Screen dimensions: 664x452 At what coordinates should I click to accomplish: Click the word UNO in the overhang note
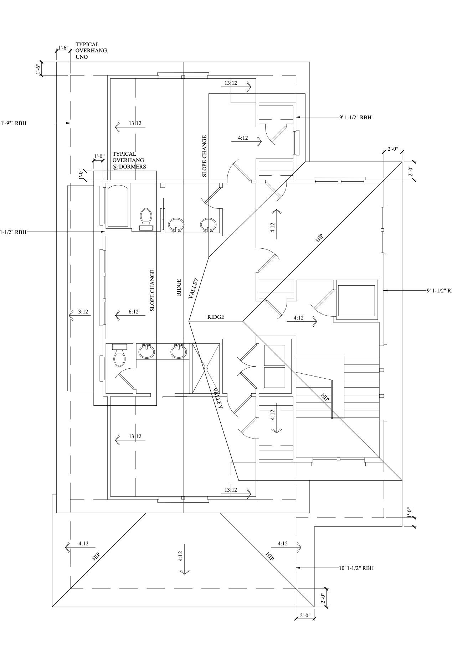(81, 57)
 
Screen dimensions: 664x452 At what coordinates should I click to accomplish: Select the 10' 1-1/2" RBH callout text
(356, 568)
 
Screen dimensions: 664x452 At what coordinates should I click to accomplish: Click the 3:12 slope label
(83, 312)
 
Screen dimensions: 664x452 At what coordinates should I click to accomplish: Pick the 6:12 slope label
(133, 312)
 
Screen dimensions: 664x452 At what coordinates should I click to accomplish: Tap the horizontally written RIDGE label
(216, 317)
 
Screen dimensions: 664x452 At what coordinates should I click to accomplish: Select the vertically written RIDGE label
(179, 287)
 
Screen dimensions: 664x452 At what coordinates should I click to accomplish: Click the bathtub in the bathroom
(118, 206)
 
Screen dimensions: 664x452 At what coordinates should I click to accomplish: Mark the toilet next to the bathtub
(146, 218)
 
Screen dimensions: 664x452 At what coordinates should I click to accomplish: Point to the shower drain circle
(206, 369)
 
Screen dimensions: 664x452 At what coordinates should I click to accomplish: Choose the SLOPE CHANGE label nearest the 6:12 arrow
(153, 290)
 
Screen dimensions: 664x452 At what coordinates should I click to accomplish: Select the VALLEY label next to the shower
(218, 398)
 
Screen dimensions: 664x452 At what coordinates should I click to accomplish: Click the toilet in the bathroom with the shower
(119, 356)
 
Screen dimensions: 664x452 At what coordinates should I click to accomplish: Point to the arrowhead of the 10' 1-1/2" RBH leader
(297, 568)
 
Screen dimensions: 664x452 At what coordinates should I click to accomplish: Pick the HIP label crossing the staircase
(325, 398)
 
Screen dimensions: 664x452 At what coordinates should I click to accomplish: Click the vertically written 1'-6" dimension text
(38, 69)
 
